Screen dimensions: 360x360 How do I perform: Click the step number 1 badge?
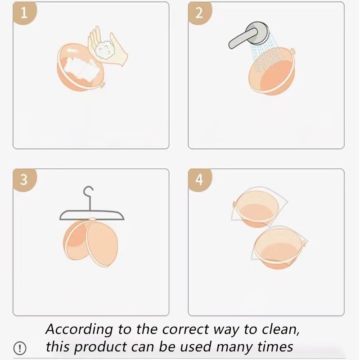tap(24, 13)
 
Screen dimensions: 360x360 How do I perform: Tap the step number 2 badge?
tap(199, 13)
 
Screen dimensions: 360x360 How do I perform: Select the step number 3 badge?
tap(24, 180)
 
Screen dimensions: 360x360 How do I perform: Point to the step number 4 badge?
tap(199, 180)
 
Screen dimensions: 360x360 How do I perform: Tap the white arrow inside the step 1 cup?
tap(72, 50)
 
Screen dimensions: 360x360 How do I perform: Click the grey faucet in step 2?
tap(249, 35)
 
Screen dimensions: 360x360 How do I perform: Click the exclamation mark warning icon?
tap(20, 348)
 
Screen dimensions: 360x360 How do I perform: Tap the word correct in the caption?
tap(185, 330)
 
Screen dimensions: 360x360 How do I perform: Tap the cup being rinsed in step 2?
tap(272, 71)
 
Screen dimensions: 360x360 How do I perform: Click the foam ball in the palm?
tap(105, 50)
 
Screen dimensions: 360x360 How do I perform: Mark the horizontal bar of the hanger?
tap(92, 215)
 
